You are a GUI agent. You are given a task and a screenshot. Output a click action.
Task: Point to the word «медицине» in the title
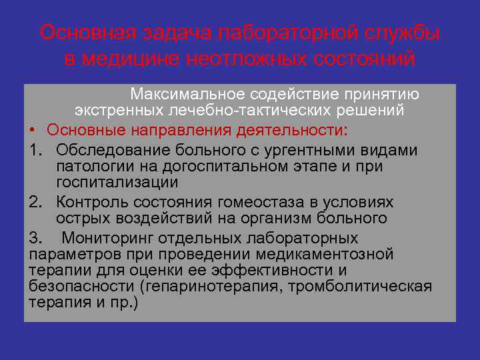click(125, 59)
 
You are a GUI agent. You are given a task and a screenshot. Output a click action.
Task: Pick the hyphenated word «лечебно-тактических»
click(241, 109)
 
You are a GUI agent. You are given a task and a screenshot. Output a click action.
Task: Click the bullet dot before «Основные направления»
click(32, 129)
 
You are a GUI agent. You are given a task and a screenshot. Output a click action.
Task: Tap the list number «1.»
click(37, 150)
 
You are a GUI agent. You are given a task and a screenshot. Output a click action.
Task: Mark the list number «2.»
click(37, 202)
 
